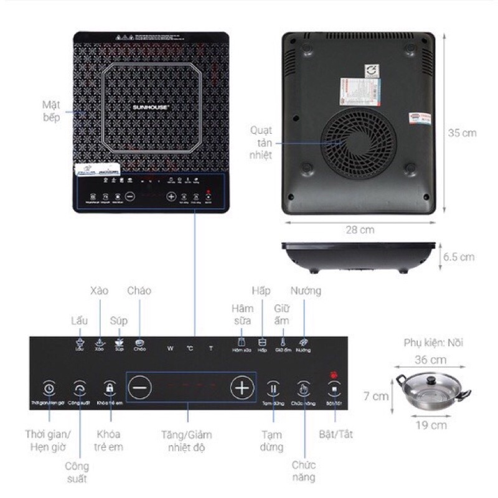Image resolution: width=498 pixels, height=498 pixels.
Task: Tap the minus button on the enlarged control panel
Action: pos(140,388)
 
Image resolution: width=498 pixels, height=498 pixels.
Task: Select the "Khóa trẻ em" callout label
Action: pos(110,440)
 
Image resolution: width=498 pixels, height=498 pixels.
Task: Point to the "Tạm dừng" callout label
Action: pos(273,440)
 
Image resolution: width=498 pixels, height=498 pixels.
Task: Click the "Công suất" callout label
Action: pos(77,472)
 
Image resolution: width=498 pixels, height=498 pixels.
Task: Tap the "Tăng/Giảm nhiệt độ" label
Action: pos(189,441)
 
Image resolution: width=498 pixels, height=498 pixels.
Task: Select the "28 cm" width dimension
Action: pos(362,230)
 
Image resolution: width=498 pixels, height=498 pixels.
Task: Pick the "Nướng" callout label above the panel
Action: pos(305,291)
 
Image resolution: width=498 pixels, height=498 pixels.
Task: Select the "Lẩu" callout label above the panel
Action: pos(79,321)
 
